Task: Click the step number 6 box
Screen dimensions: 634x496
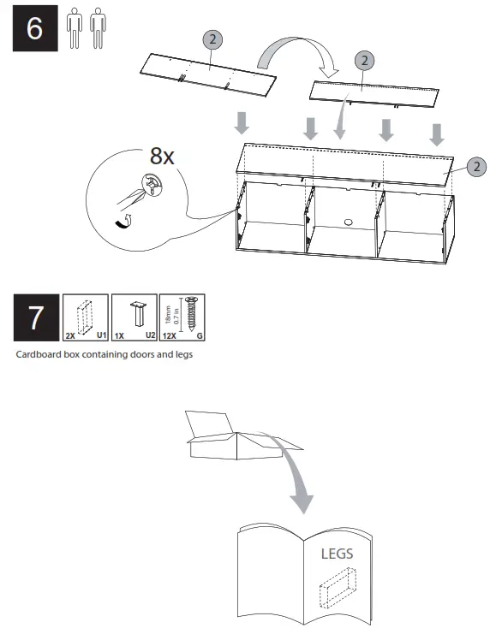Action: point(34,29)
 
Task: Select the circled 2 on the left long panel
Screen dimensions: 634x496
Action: point(212,39)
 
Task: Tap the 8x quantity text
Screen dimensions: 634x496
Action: point(162,156)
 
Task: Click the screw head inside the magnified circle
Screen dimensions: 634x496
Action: point(153,186)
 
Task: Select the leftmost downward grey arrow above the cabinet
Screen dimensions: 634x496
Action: point(242,122)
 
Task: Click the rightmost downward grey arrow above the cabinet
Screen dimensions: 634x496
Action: point(437,133)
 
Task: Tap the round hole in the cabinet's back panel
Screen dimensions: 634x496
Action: point(349,222)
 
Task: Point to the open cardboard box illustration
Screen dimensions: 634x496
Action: point(227,436)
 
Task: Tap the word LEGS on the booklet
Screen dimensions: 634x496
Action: point(337,554)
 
